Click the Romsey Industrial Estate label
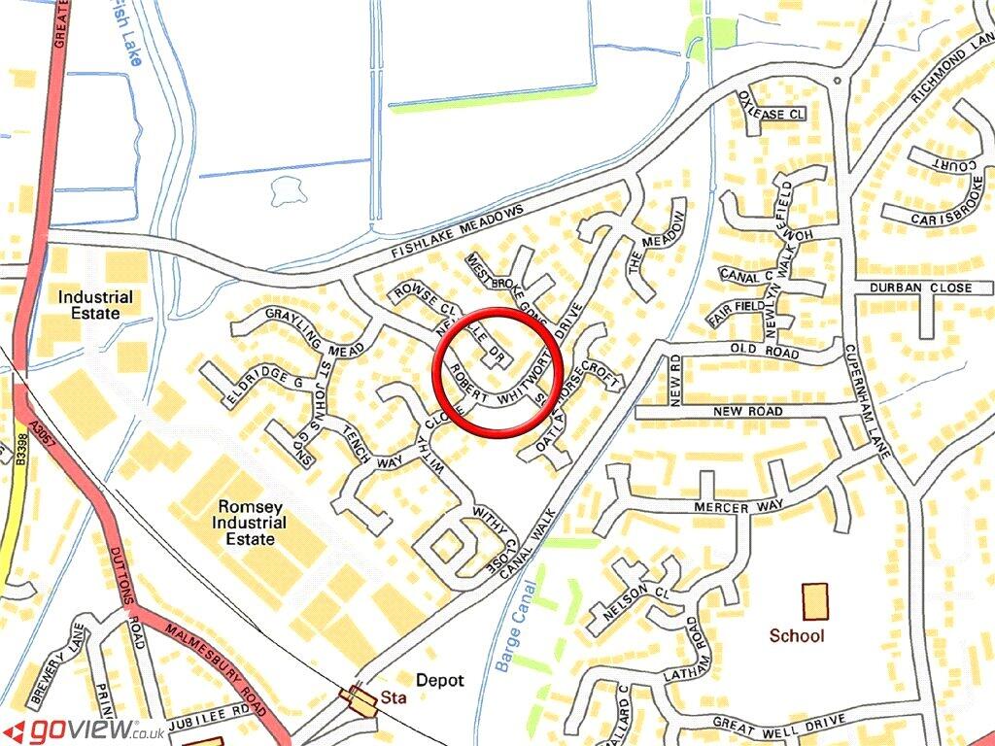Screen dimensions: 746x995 [x=252, y=523]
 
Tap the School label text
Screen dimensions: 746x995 [x=797, y=636]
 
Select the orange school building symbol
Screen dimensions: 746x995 [x=815, y=601]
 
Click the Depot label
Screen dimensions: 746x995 [x=440, y=681]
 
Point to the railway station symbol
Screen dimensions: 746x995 [x=362, y=698]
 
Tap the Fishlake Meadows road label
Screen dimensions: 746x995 [x=458, y=233]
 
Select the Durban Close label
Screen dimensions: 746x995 [x=920, y=288]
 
